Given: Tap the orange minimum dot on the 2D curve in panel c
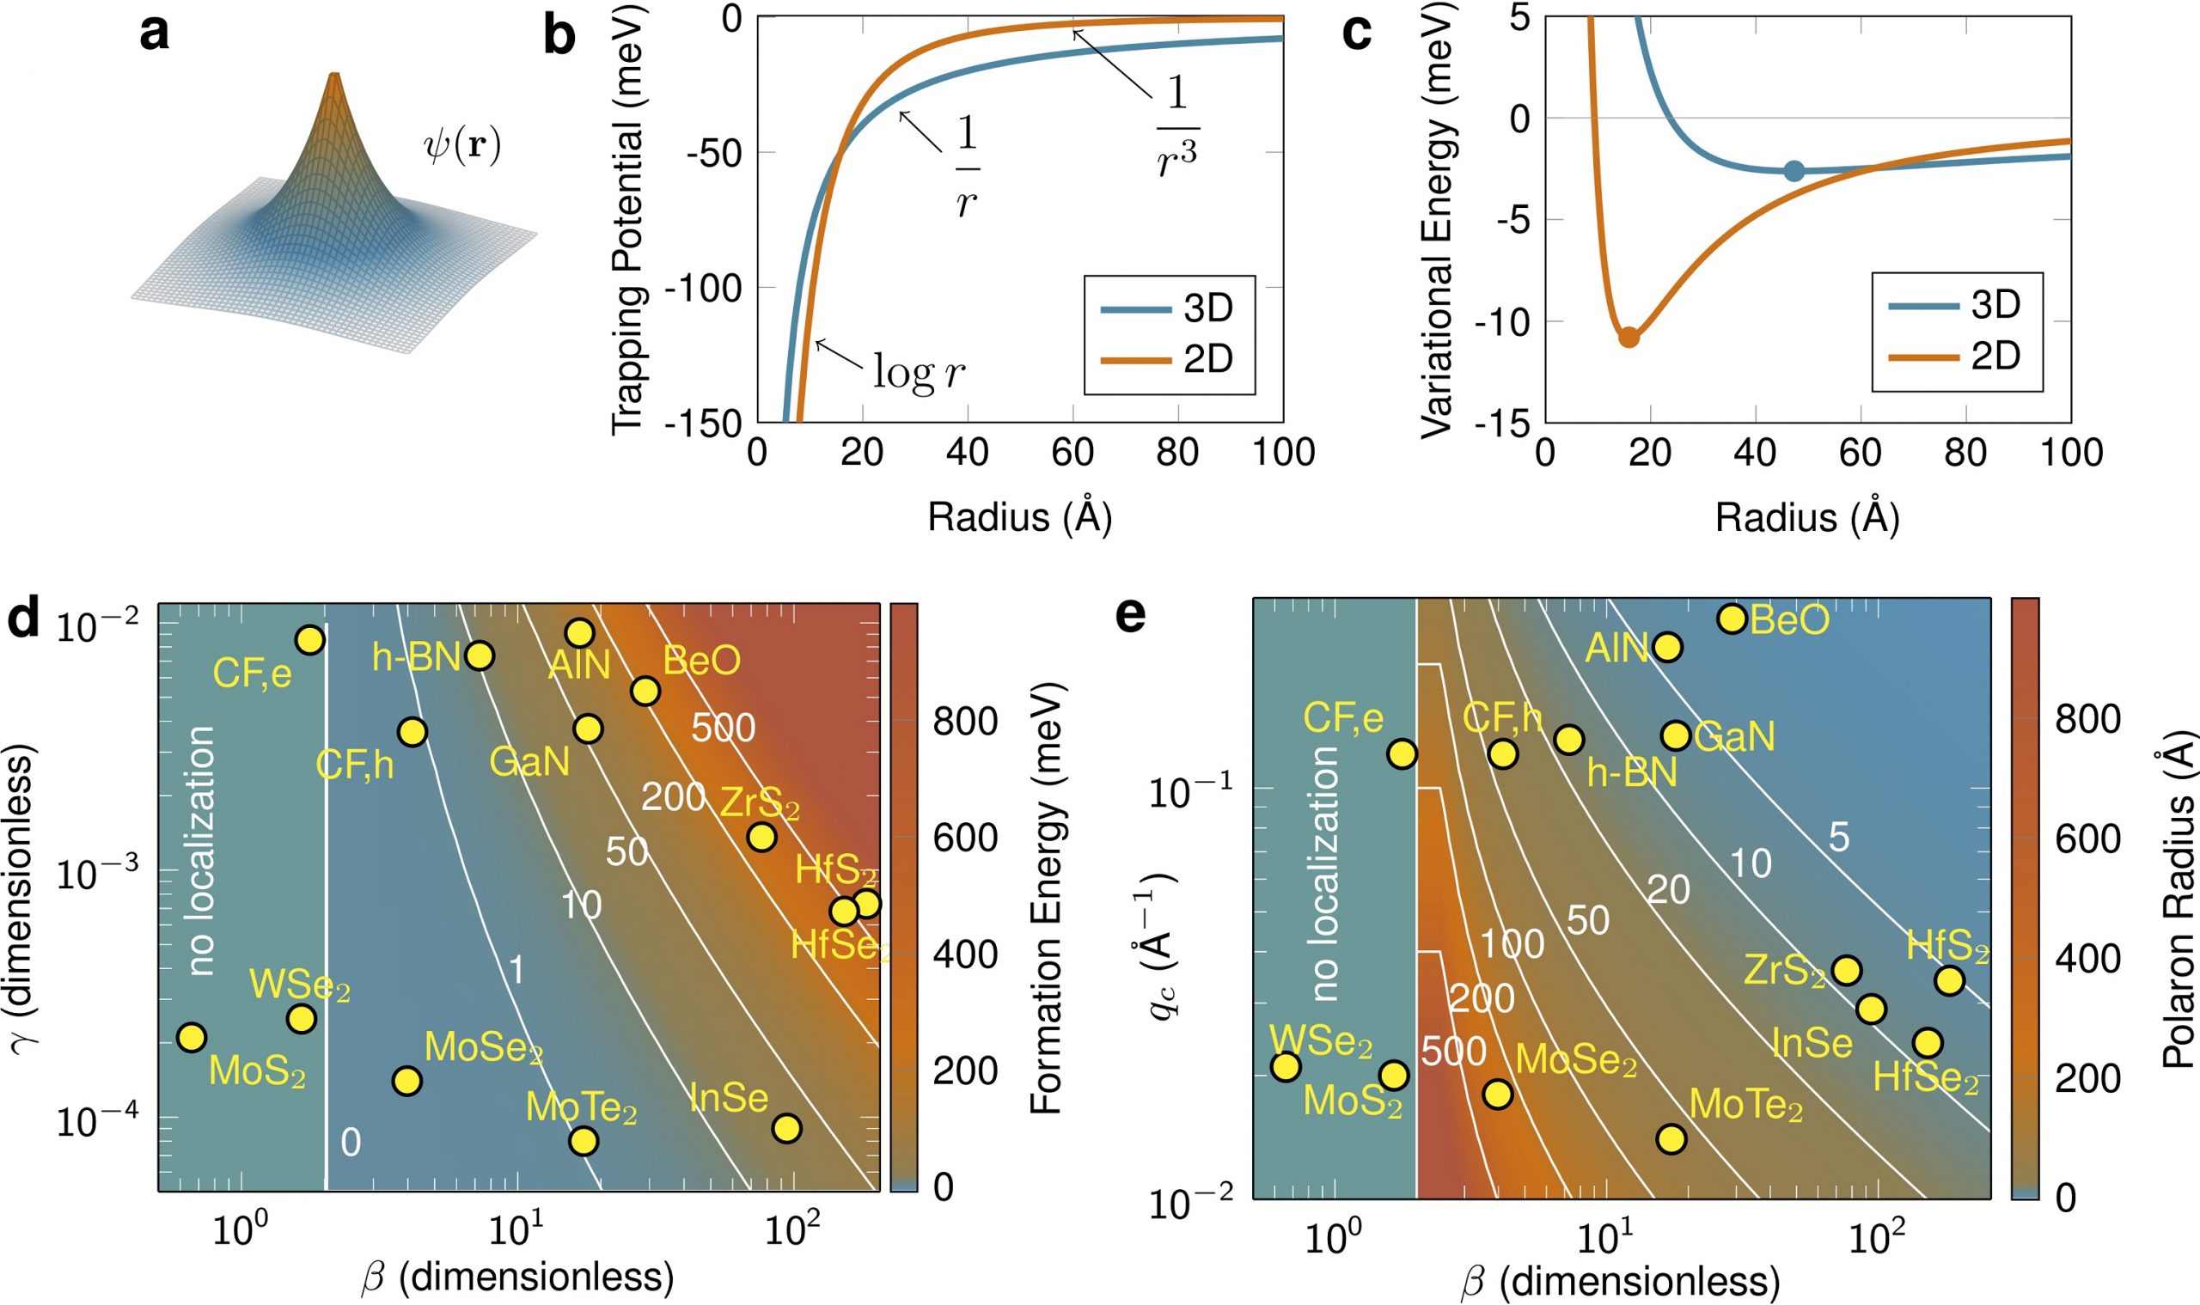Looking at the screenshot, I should (x=1629, y=337).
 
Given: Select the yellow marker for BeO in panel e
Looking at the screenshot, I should (x=1731, y=619).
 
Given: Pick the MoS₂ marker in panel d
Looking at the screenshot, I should (x=191, y=1037).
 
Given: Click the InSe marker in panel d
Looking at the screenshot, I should (x=786, y=1127).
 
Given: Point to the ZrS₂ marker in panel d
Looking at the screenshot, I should (x=761, y=836).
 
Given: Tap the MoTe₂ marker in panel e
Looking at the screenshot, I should (x=1671, y=1138).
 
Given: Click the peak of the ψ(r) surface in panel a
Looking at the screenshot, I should (x=333, y=77).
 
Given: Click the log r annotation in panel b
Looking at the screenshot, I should (x=918, y=373).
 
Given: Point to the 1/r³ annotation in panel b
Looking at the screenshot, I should (x=1177, y=127).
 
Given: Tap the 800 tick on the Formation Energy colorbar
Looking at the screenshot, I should (x=965, y=721).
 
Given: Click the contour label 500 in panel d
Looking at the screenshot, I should (x=722, y=728).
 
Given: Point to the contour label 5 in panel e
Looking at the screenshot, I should (x=1838, y=838).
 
